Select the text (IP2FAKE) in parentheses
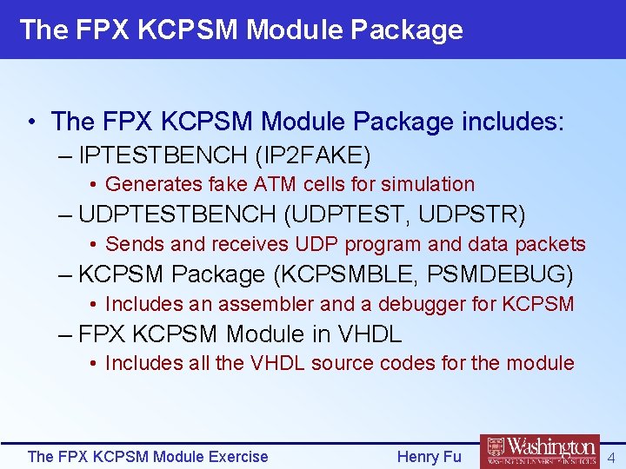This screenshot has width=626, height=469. [x=313, y=156]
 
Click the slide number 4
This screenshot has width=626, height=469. [x=611, y=457]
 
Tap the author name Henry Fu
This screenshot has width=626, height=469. [x=429, y=457]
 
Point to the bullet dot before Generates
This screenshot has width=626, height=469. [x=93, y=184]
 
